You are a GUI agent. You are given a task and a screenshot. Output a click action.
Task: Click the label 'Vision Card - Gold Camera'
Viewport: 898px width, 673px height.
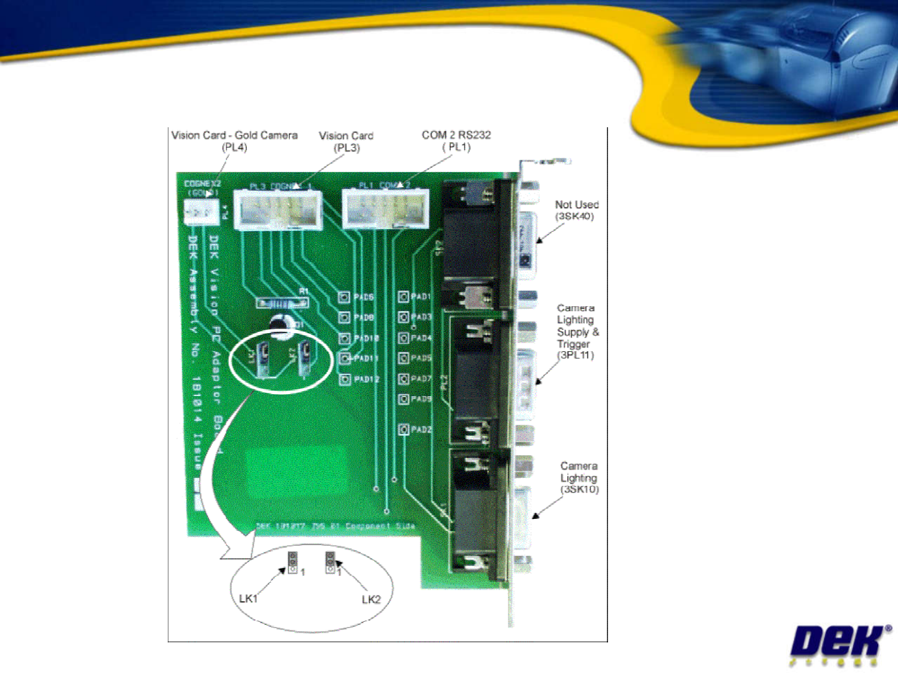[x=234, y=135]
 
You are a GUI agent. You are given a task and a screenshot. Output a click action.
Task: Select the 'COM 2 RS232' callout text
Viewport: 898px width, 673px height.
[x=456, y=135]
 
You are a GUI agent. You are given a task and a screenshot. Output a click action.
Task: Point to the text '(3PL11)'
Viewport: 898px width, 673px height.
[x=575, y=356]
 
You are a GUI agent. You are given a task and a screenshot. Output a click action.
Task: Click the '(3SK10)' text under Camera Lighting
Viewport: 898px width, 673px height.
[x=579, y=490]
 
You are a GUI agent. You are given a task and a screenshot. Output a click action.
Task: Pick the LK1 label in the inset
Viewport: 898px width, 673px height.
[x=248, y=599]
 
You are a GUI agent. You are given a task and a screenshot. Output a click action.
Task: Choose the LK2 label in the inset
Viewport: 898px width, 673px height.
[x=371, y=599]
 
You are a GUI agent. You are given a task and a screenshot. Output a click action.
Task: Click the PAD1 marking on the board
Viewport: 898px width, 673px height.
[x=420, y=297]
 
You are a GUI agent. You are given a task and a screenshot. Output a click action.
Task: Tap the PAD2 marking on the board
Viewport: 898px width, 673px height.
[x=421, y=430]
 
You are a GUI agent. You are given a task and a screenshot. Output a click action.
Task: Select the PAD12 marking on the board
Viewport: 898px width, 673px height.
[x=366, y=379]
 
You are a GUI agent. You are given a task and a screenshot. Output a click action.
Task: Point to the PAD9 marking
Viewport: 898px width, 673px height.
[x=421, y=399]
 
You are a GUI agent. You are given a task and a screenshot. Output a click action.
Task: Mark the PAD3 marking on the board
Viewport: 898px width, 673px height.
[x=421, y=317]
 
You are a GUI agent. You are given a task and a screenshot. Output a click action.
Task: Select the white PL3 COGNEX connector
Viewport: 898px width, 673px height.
[x=278, y=210]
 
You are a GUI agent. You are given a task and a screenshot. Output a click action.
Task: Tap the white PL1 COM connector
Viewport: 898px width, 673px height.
[x=385, y=209]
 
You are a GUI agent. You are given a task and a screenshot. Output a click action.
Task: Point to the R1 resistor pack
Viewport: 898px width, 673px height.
[x=282, y=303]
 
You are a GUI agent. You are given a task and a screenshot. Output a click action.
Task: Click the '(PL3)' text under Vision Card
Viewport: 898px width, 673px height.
[x=347, y=148]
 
